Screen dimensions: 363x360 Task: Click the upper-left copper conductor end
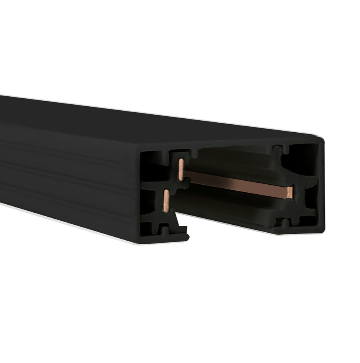click(181, 168)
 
